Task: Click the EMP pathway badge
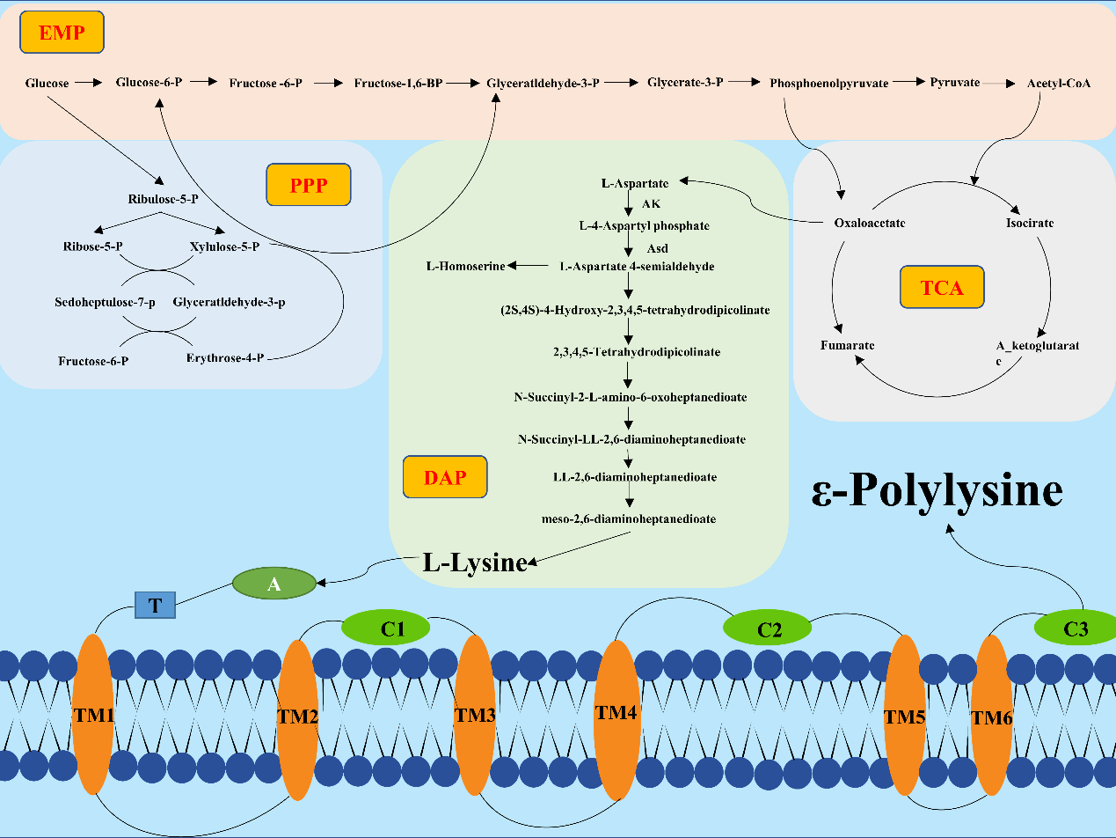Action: pyautogui.click(x=62, y=33)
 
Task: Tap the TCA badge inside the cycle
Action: pyautogui.click(x=942, y=287)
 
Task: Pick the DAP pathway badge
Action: pyautogui.click(x=444, y=477)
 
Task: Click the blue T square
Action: pyautogui.click(x=156, y=605)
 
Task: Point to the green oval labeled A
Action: pyautogui.click(x=274, y=584)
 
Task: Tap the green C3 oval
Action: pyautogui.click(x=1075, y=628)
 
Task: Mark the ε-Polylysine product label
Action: pyautogui.click(x=937, y=490)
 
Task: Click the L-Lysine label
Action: pyautogui.click(x=475, y=562)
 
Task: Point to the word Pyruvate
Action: pyautogui.click(x=954, y=82)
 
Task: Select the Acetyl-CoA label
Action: pyautogui.click(x=1059, y=83)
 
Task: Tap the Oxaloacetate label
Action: pyautogui.click(x=869, y=223)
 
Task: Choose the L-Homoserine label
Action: pyautogui.click(x=465, y=266)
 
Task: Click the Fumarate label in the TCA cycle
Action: pyautogui.click(x=847, y=346)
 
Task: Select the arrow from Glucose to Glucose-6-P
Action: pyautogui.click(x=88, y=83)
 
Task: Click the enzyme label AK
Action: pyautogui.click(x=650, y=204)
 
